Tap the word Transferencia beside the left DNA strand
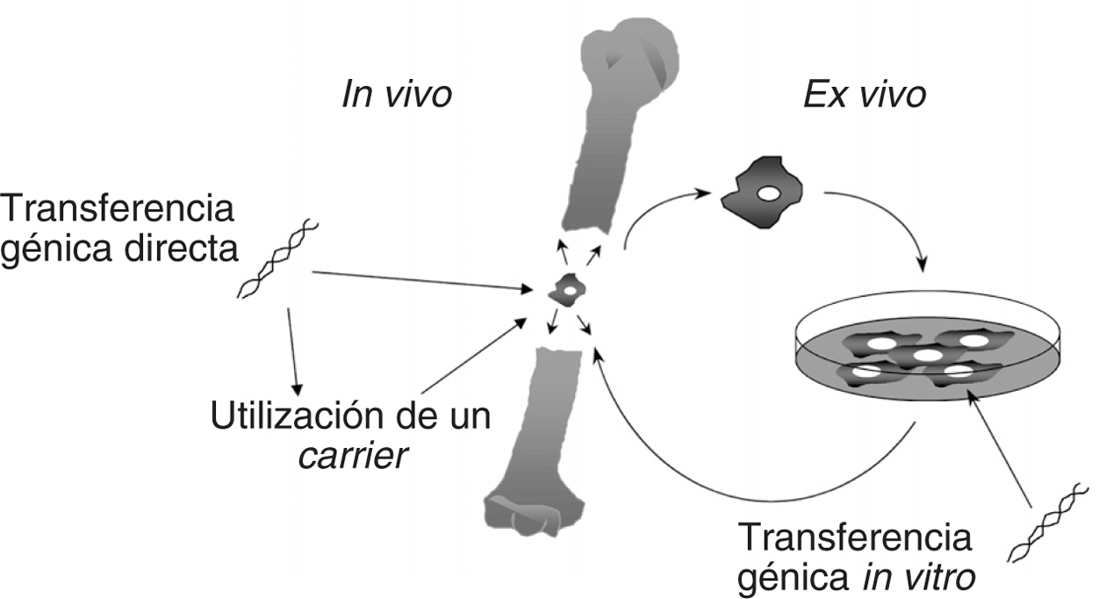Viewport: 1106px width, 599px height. (x=118, y=211)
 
